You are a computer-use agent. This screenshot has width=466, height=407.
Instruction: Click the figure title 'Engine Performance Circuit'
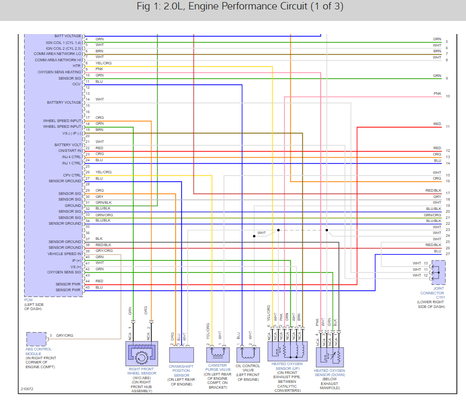click(233, 7)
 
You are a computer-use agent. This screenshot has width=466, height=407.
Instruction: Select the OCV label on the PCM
click(76, 84)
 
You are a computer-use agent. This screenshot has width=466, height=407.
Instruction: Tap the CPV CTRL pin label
click(72, 175)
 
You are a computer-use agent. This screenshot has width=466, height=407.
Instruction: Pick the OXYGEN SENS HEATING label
click(60, 72)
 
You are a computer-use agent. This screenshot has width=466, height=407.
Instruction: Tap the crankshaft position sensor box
click(181, 354)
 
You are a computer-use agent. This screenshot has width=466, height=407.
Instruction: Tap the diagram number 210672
click(27, 389)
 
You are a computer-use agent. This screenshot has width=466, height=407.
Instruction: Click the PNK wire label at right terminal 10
click(437, 93)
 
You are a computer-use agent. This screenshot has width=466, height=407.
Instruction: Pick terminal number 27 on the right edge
click(448, 254)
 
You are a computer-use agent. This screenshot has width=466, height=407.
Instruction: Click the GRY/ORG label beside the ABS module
click(64, 335)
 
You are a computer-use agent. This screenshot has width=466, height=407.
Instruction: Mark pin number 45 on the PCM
click(87, 288)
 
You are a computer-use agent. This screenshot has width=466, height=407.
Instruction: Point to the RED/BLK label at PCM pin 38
click(103, 245)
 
